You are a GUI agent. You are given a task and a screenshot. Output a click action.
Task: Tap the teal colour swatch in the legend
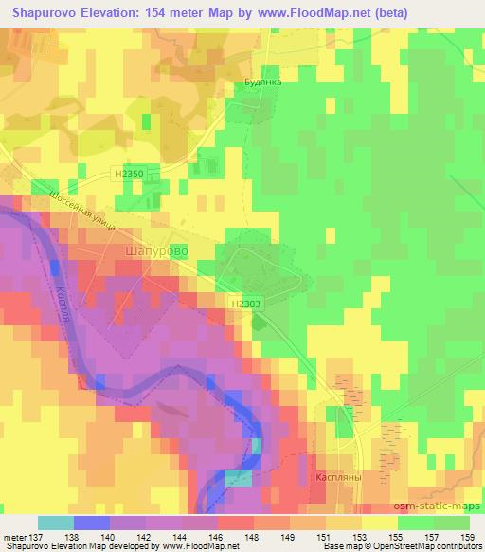(x=54, y=523)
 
